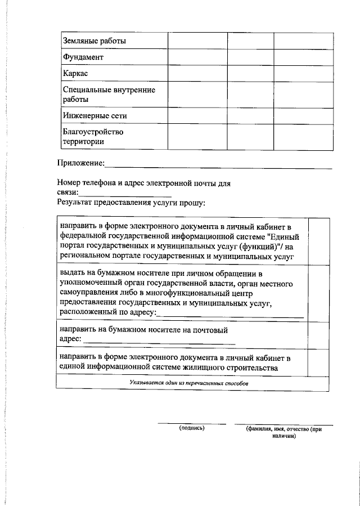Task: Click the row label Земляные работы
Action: pyautogui.click(x=94, y=42)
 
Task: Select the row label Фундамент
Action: pyautogui.click(x=83, y=58)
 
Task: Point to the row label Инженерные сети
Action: pyautogui.click(x=94, y=115)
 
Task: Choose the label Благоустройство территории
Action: pyautogui.click(x=92, y=137)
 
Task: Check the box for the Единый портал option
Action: pyautogui.click(x=318, y=241)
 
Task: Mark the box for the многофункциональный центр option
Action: pyautogui.click(x=318, y=293)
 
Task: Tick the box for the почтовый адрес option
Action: pyautogui.click(x=318, y=334)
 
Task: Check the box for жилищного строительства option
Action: pyautogui.click(x=318, y=362)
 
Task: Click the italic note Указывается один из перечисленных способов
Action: pyautogui.click(x=188, y=383)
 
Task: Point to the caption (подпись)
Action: pyautogui.click(x=191, y=428)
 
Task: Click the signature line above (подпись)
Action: pyautogui.click(x=191, y=423)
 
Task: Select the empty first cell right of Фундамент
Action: pyautogui.click(x=197, y=58)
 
